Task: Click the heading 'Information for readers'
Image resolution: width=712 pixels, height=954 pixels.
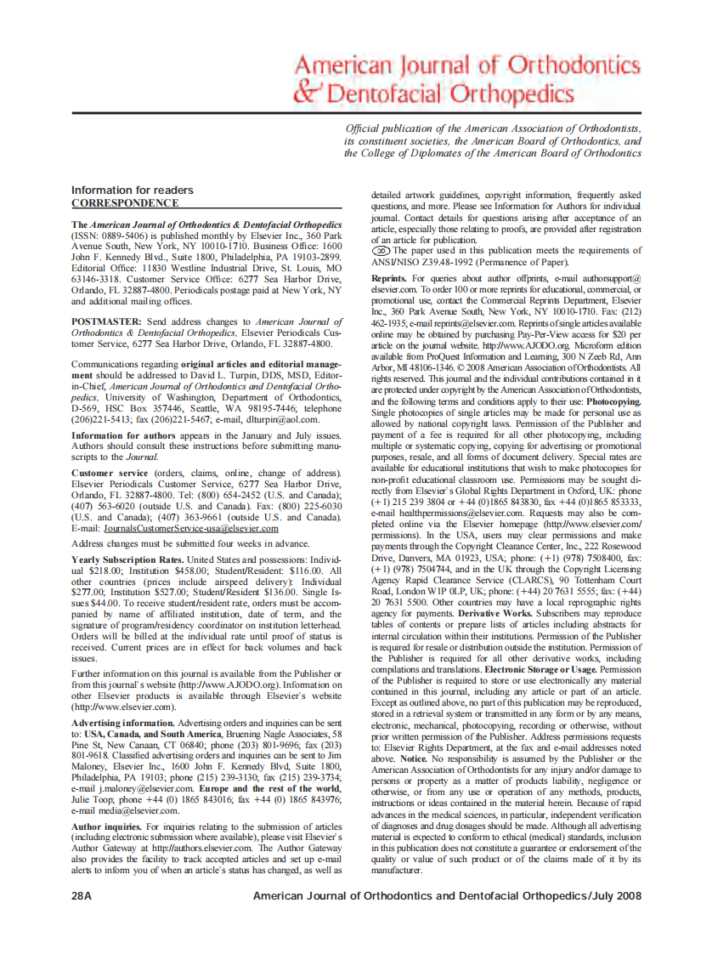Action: coord(132,190)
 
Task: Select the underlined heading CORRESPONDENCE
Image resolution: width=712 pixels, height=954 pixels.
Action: coord(125,203)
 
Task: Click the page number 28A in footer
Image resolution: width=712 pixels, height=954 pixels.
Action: coord(82,896)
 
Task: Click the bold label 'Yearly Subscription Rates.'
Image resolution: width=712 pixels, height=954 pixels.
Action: coord(127,559)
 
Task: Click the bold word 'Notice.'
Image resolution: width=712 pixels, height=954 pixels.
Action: coord(413,758)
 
